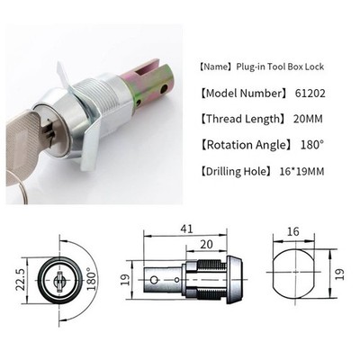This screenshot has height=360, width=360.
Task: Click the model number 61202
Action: pos(310,94)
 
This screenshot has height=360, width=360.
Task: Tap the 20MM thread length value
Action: pos(308,119)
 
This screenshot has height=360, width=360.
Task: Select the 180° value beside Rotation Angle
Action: pos(312,145)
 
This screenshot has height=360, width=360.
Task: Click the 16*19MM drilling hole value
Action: pos(301,171)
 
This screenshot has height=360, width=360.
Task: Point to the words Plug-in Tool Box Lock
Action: pos(280,67)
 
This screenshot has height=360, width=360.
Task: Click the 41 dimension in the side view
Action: pos(186,229)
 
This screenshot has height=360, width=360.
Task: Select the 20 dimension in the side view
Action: pos(206,245)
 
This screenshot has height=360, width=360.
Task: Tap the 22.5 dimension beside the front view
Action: pos(21,281)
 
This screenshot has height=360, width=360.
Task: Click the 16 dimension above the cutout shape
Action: pos(293,231)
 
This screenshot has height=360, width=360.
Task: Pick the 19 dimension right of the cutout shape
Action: pos(340,274)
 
